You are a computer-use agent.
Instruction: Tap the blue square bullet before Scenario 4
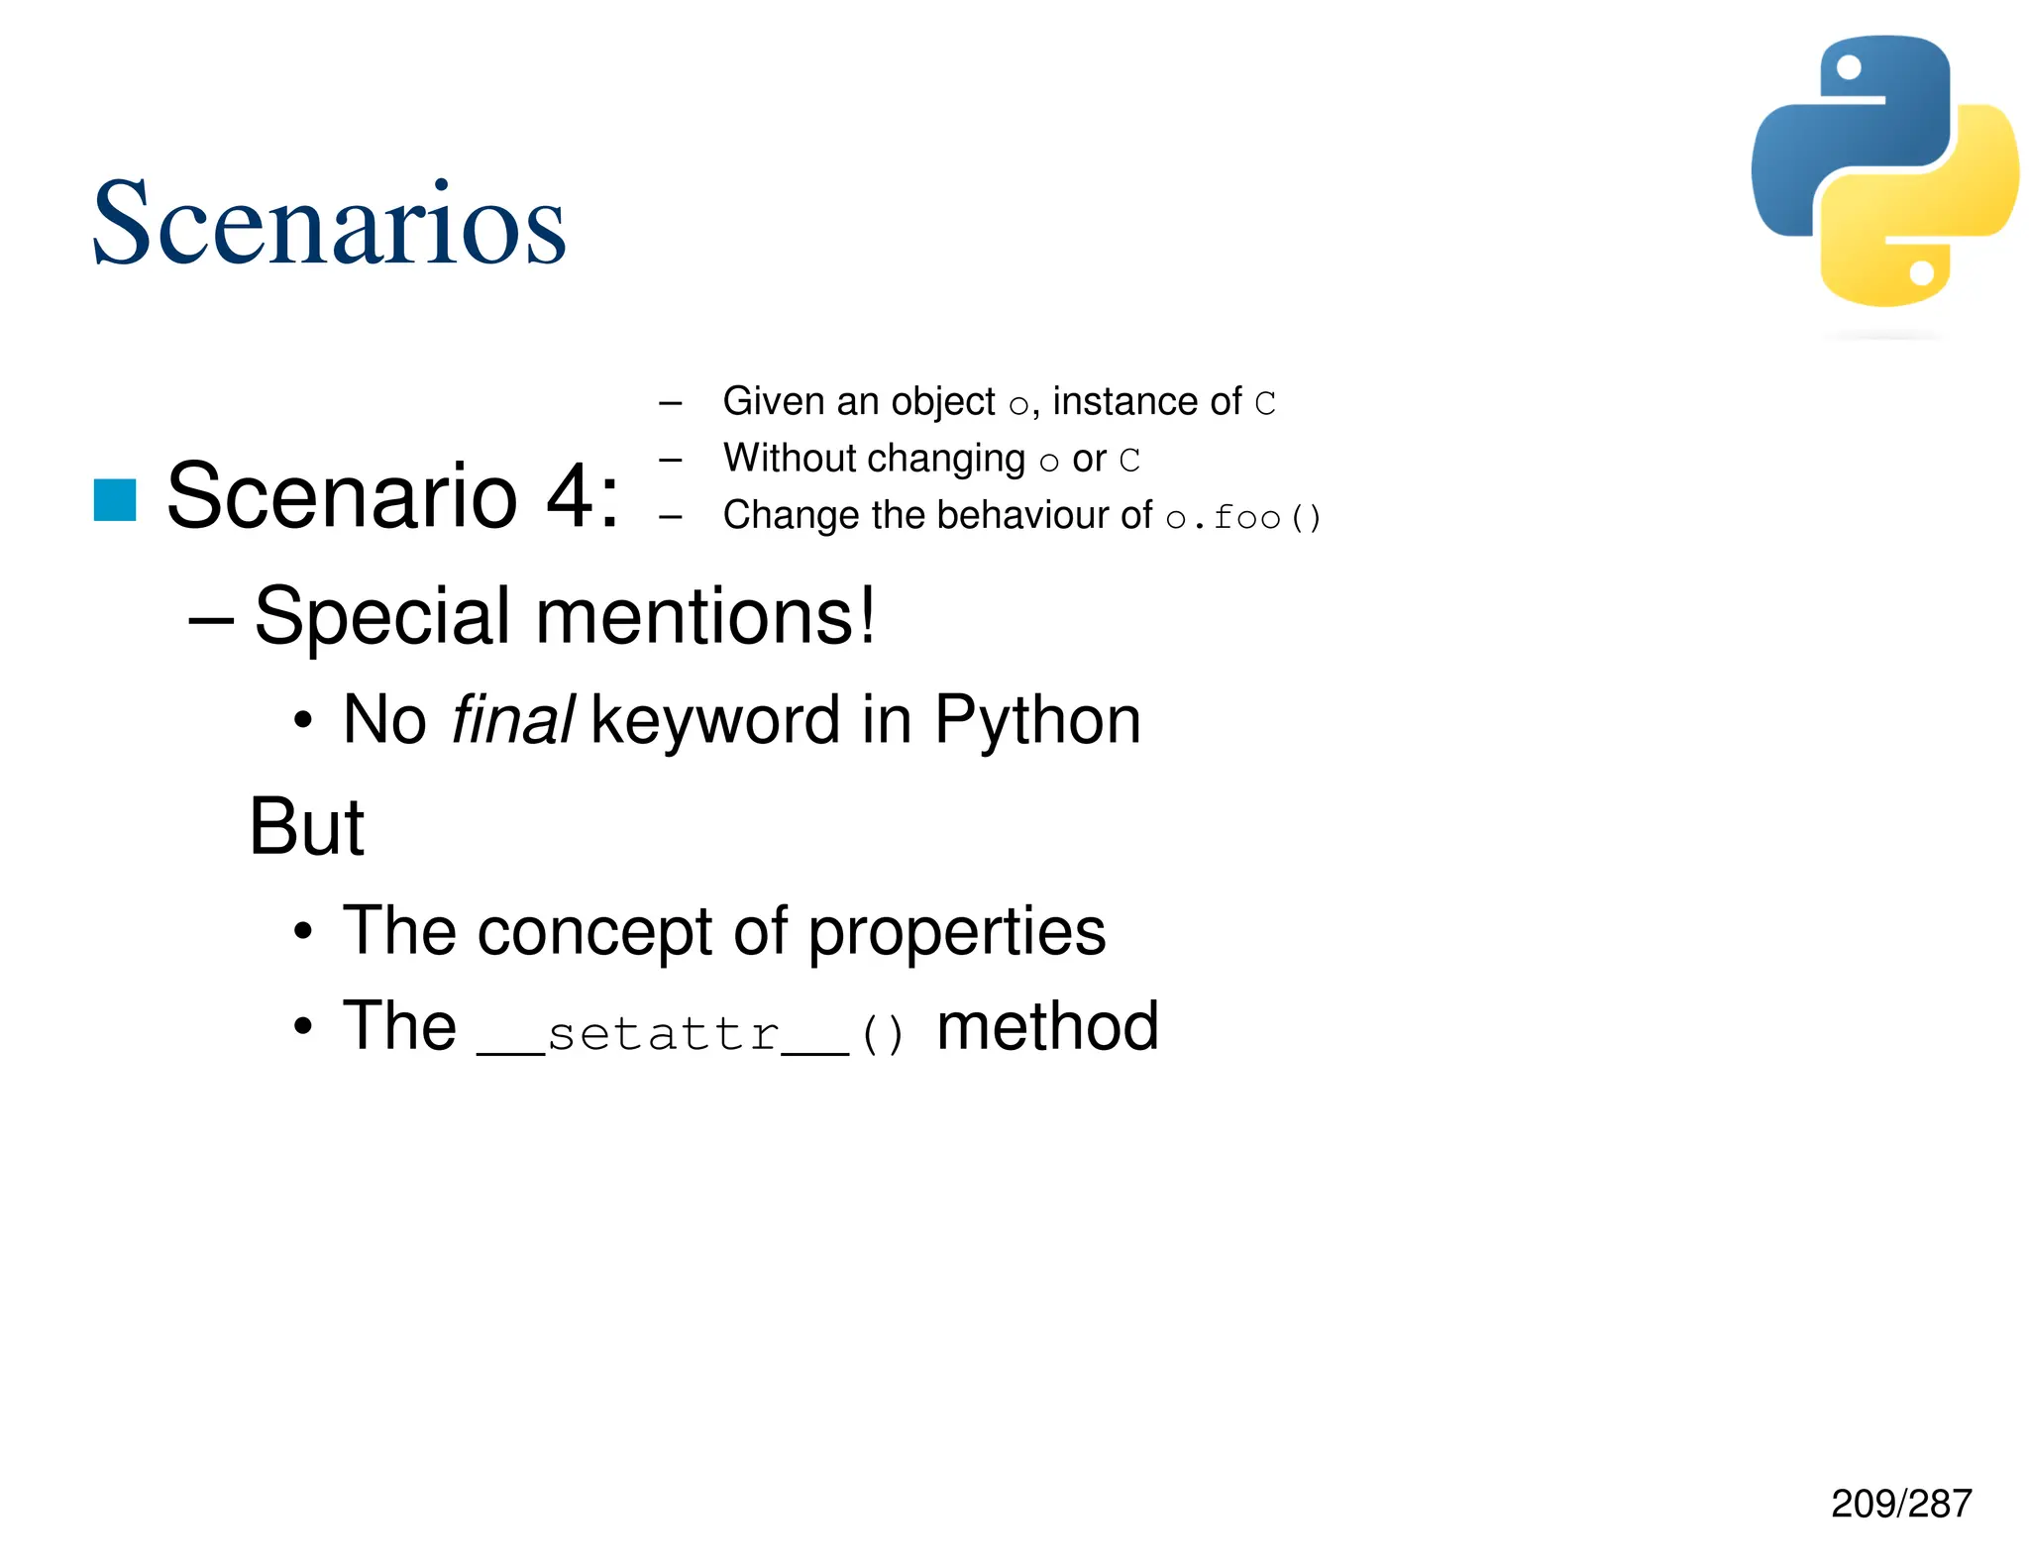pyautogui.click(x=115, y=499)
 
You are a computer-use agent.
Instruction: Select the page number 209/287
pyautogui.click(x=1900, y=1503)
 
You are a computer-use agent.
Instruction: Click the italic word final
pyautogui.click(x=512, y=720)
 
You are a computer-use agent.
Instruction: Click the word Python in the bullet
pyautogui.click(x=1037, y=720)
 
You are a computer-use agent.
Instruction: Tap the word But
pyautogui.click(x=306, y=827)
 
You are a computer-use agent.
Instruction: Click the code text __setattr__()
pyautogui.click(x=691, y=1034)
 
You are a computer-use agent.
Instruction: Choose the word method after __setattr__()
pyautogui.click(x=1047, y=1026)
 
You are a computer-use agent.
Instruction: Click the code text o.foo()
pyautogui.click(x=1243, y=517)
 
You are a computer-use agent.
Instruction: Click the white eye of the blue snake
pyautogui.click(x=1849, y=67)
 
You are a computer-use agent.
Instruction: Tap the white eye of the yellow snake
pyautogui.click(x=1921, y=272)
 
